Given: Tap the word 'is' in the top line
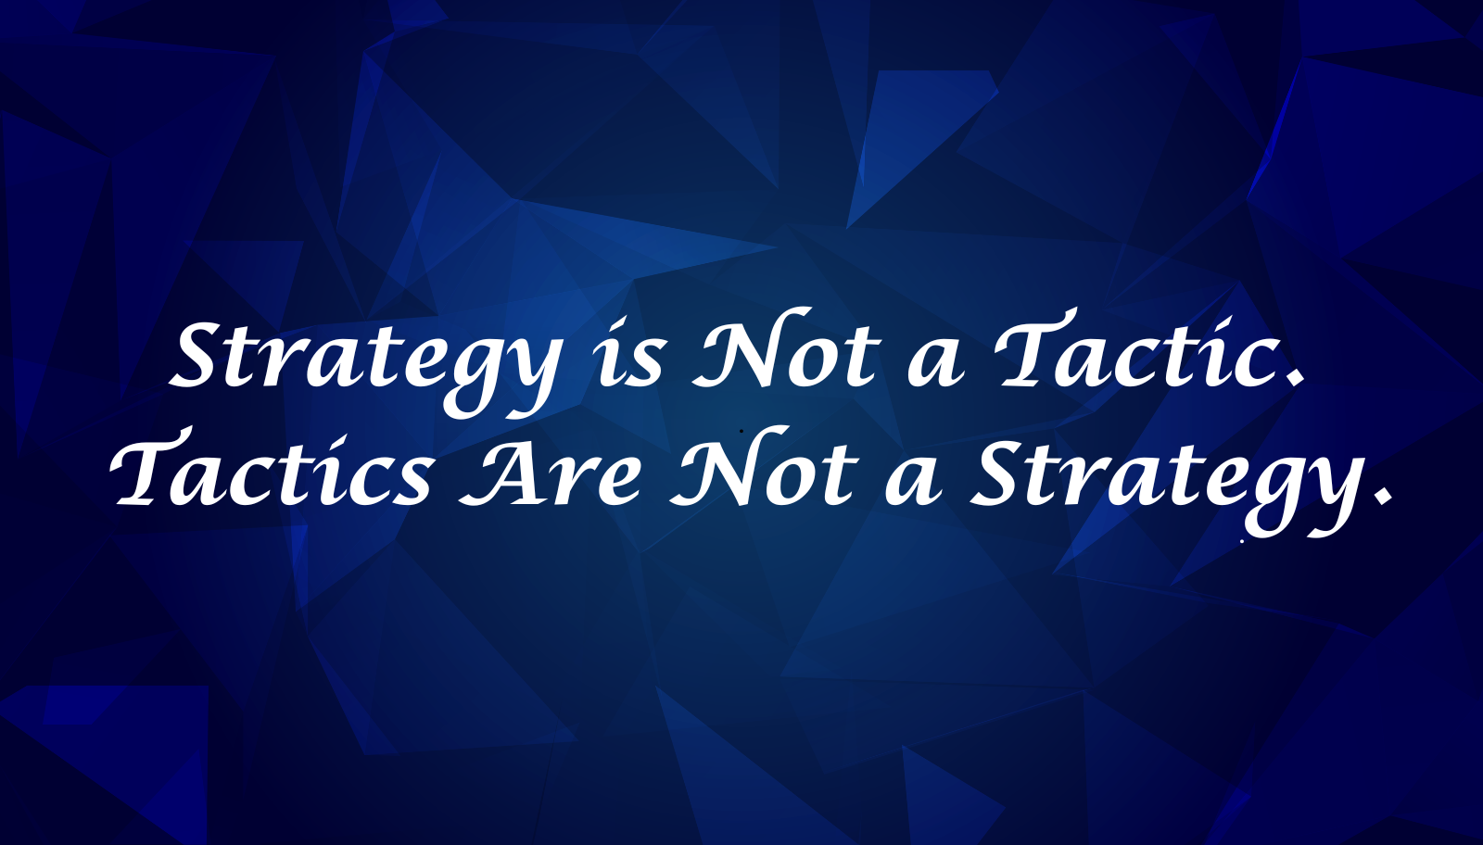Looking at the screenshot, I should [630, 357].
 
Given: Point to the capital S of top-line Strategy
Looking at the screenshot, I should [201, 355].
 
